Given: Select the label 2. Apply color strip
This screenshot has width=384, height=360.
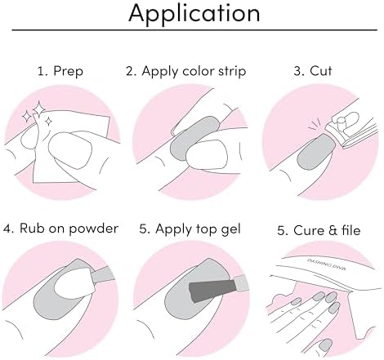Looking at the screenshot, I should click(x=191, y=71).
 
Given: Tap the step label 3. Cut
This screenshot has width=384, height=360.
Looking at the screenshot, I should click(x=319, y=71).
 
